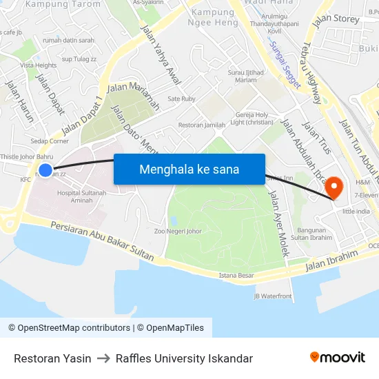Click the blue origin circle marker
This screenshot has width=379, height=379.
pyautogui.click(x=45, y=170)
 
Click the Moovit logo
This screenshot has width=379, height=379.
pyautogui.click(x=338, y=358)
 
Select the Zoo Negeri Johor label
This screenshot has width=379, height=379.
pyautogui.click(x=178, y=232)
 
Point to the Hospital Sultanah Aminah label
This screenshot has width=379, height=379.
pyautogui.click(x=82, y=197)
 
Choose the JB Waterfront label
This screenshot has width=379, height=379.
pyautogui.click(x=273, y=296)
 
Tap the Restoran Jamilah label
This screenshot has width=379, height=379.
pyautogui.click(x=202, y=125)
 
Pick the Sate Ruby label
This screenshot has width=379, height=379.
pyautogui.click(x=182, y=99)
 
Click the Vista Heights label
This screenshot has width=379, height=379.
pyautogui.click(x=39, y=65)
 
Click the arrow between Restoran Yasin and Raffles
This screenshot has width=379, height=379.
pyautogui.click(x=103, y=358)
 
